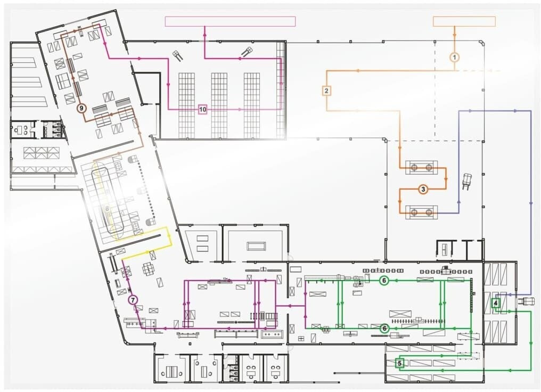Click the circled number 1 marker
tap(455, 58)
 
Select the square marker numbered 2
tap(326, 91)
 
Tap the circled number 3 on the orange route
tap(423, 189)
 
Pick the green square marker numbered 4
tap(496, 303)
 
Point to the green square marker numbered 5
tap(399, 363)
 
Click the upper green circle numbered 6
tap(384, 281)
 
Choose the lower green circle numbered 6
tap(384, 329)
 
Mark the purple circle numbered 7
tap(133, 300)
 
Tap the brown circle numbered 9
tap(81, 108)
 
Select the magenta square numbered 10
tap(203, 110)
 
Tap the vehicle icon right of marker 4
tap(526, 301)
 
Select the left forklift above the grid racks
tap(178, 55)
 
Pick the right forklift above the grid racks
tap(247, 52)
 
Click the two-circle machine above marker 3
tap(421, 168)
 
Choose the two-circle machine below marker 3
tap(421, 212)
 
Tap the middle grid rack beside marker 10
tap(219, 105)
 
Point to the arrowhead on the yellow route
tap(169, 235)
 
